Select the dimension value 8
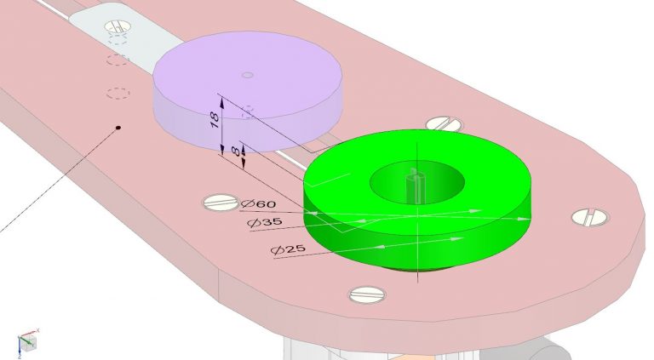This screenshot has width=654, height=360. [236, 150]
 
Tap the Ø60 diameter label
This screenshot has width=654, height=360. [258, 205]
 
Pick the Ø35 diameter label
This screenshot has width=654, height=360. [265, 223]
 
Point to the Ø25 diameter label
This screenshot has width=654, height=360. [288, 250]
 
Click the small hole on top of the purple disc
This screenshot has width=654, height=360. [247, 76]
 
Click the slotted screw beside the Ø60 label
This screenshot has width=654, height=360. [220, 202]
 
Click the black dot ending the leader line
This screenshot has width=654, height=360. [118, 129]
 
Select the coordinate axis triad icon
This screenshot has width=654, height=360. [27, 340]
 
